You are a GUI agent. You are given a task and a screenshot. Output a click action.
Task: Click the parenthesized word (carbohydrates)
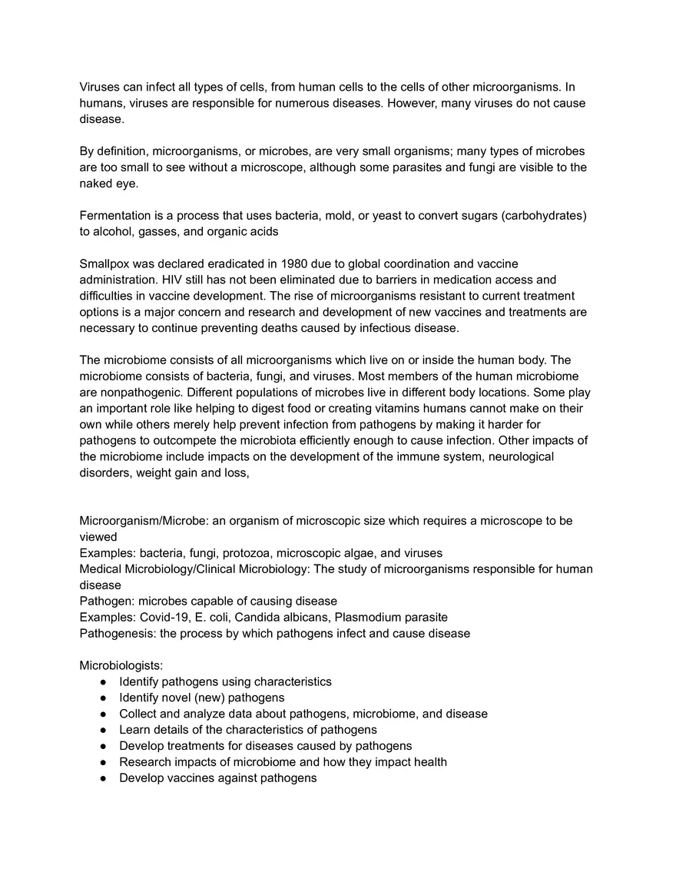544,216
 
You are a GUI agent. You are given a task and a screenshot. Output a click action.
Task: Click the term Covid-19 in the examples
164,617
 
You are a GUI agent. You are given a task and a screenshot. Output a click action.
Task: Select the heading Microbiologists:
121,665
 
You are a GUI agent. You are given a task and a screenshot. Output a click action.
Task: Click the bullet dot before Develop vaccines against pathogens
103,778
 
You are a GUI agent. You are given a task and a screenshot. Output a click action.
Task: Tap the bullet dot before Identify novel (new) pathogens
103,698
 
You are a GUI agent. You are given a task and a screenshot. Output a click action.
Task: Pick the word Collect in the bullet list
138,714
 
